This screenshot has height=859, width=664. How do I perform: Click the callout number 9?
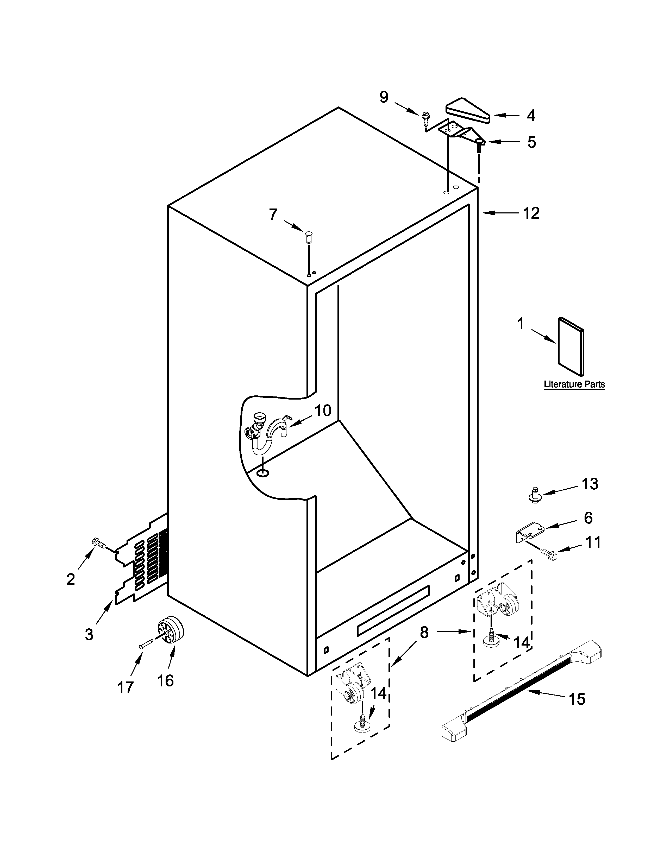pyautogui.click(x=384, y=97)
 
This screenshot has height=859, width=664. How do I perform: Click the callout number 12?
pyautogui.click(x=531, y=213)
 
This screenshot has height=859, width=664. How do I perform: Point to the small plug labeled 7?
pyautogui.click(x=309, y=238)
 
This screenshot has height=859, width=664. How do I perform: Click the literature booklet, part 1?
pyautogui.click(x=571, y=346)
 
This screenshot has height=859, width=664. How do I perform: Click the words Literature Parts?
pyautogui.click(x=574, y=384)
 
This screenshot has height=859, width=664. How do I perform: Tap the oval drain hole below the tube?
pyautogui.click(x=263, y=472)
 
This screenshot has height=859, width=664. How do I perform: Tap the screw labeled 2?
pyautogui.click(x=99, y=544)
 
